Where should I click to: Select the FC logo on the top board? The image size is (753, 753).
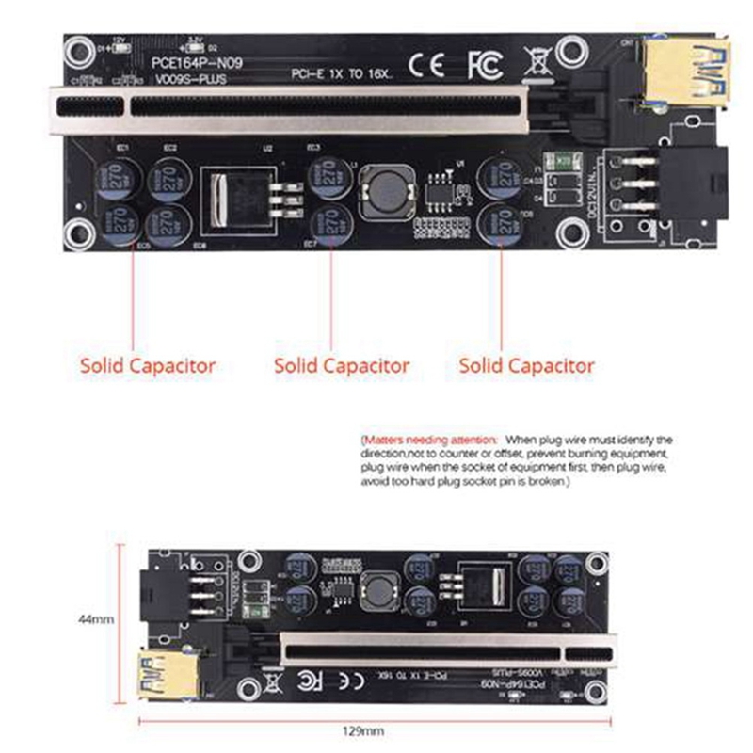pos(485,66)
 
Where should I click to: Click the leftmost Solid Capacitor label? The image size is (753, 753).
pos(148,364)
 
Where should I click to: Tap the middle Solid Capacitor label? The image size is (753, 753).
pos(342,364)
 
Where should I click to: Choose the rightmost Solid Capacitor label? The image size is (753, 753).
pos(527,364)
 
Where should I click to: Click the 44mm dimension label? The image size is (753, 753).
pos(96,620)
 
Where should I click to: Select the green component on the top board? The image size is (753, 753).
pos(565,162)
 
